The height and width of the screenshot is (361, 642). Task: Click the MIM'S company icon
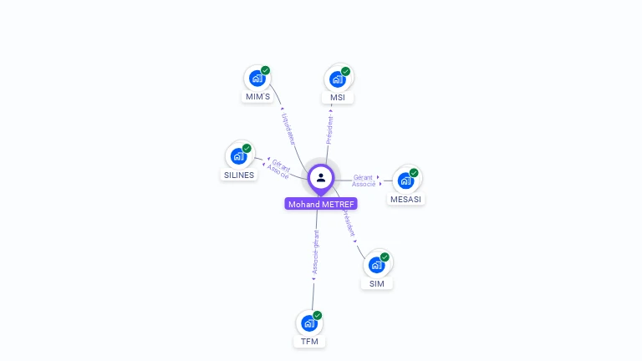tap(257, 78)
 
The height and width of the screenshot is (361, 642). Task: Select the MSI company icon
tap(337, 79)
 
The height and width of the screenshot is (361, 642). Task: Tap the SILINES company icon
tap(238, 155)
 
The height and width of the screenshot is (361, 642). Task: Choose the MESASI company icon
tap(405, 180)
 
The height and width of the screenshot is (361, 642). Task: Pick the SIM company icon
tap(376, 264)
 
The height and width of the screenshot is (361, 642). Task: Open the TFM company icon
tap(309, 323)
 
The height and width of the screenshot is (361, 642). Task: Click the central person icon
tap(321, 177)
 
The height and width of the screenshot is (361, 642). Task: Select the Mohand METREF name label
tap(321, 204)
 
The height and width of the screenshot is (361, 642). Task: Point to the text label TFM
tap(310, 342)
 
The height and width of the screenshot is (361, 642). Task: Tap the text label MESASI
tap(407, 199)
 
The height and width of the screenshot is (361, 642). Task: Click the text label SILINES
tap(239, 175)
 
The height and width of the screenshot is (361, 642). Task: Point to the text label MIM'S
tap(257, 97)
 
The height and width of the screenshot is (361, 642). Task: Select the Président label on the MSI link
tap(329, 130)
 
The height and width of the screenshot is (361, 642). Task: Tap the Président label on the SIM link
tap(349, 223)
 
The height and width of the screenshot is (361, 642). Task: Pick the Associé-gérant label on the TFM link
tap(315, 252)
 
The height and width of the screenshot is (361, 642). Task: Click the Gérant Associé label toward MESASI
tap(364, 180)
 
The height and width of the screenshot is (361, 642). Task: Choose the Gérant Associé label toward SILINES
tap(278, 169)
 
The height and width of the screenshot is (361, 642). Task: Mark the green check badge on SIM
tap(385, 257)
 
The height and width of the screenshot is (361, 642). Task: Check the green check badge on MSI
tap(345, 71)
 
